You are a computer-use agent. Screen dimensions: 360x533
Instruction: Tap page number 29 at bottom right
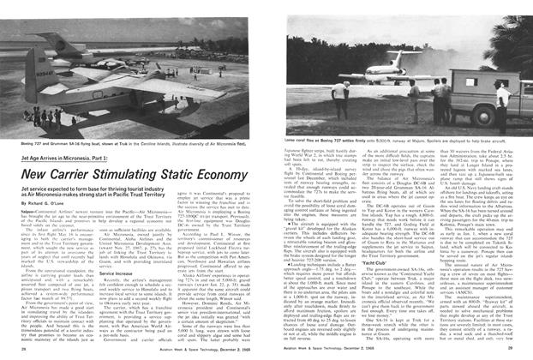(x=508, y=351)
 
